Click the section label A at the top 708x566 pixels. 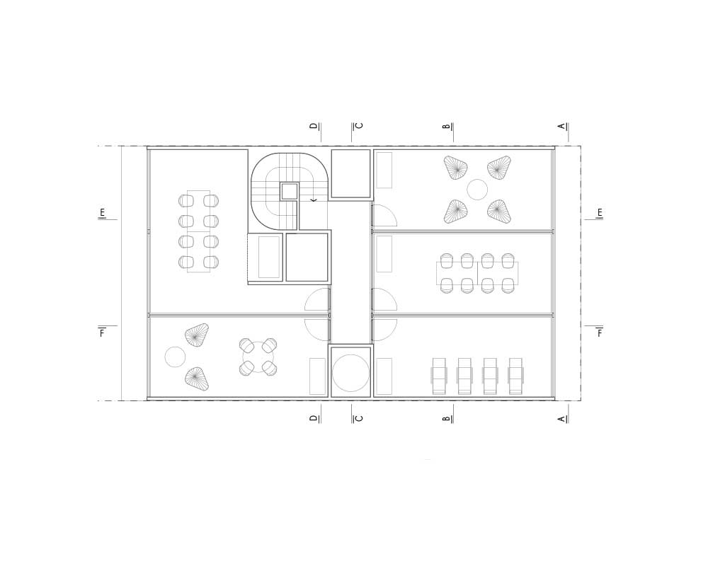pos(561,126)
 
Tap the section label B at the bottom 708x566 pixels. pos(447,419)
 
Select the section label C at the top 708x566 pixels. pos(360,126)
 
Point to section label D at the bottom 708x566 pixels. pos(314,418)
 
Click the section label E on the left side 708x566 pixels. pos(102,213)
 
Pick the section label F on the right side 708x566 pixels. pos(600,333)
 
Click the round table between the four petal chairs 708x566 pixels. pos(477,190)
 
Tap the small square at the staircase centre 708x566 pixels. pos(289,191)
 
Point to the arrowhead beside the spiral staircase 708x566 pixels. pos(314,200)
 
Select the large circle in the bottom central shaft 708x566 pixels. pos(350,373)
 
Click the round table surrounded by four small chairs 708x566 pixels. pos(258,357)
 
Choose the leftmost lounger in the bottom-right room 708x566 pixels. pos(439,376)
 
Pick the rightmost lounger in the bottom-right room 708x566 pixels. pos(515,376)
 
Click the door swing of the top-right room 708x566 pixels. pos(383,215)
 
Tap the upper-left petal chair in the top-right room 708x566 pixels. pos(455,168)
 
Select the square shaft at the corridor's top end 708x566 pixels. pos(350,173)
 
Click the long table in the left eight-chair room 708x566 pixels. pos(198,231)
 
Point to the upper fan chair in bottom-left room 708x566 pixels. pos(197,335)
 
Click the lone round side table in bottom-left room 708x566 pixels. pos(175,357)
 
